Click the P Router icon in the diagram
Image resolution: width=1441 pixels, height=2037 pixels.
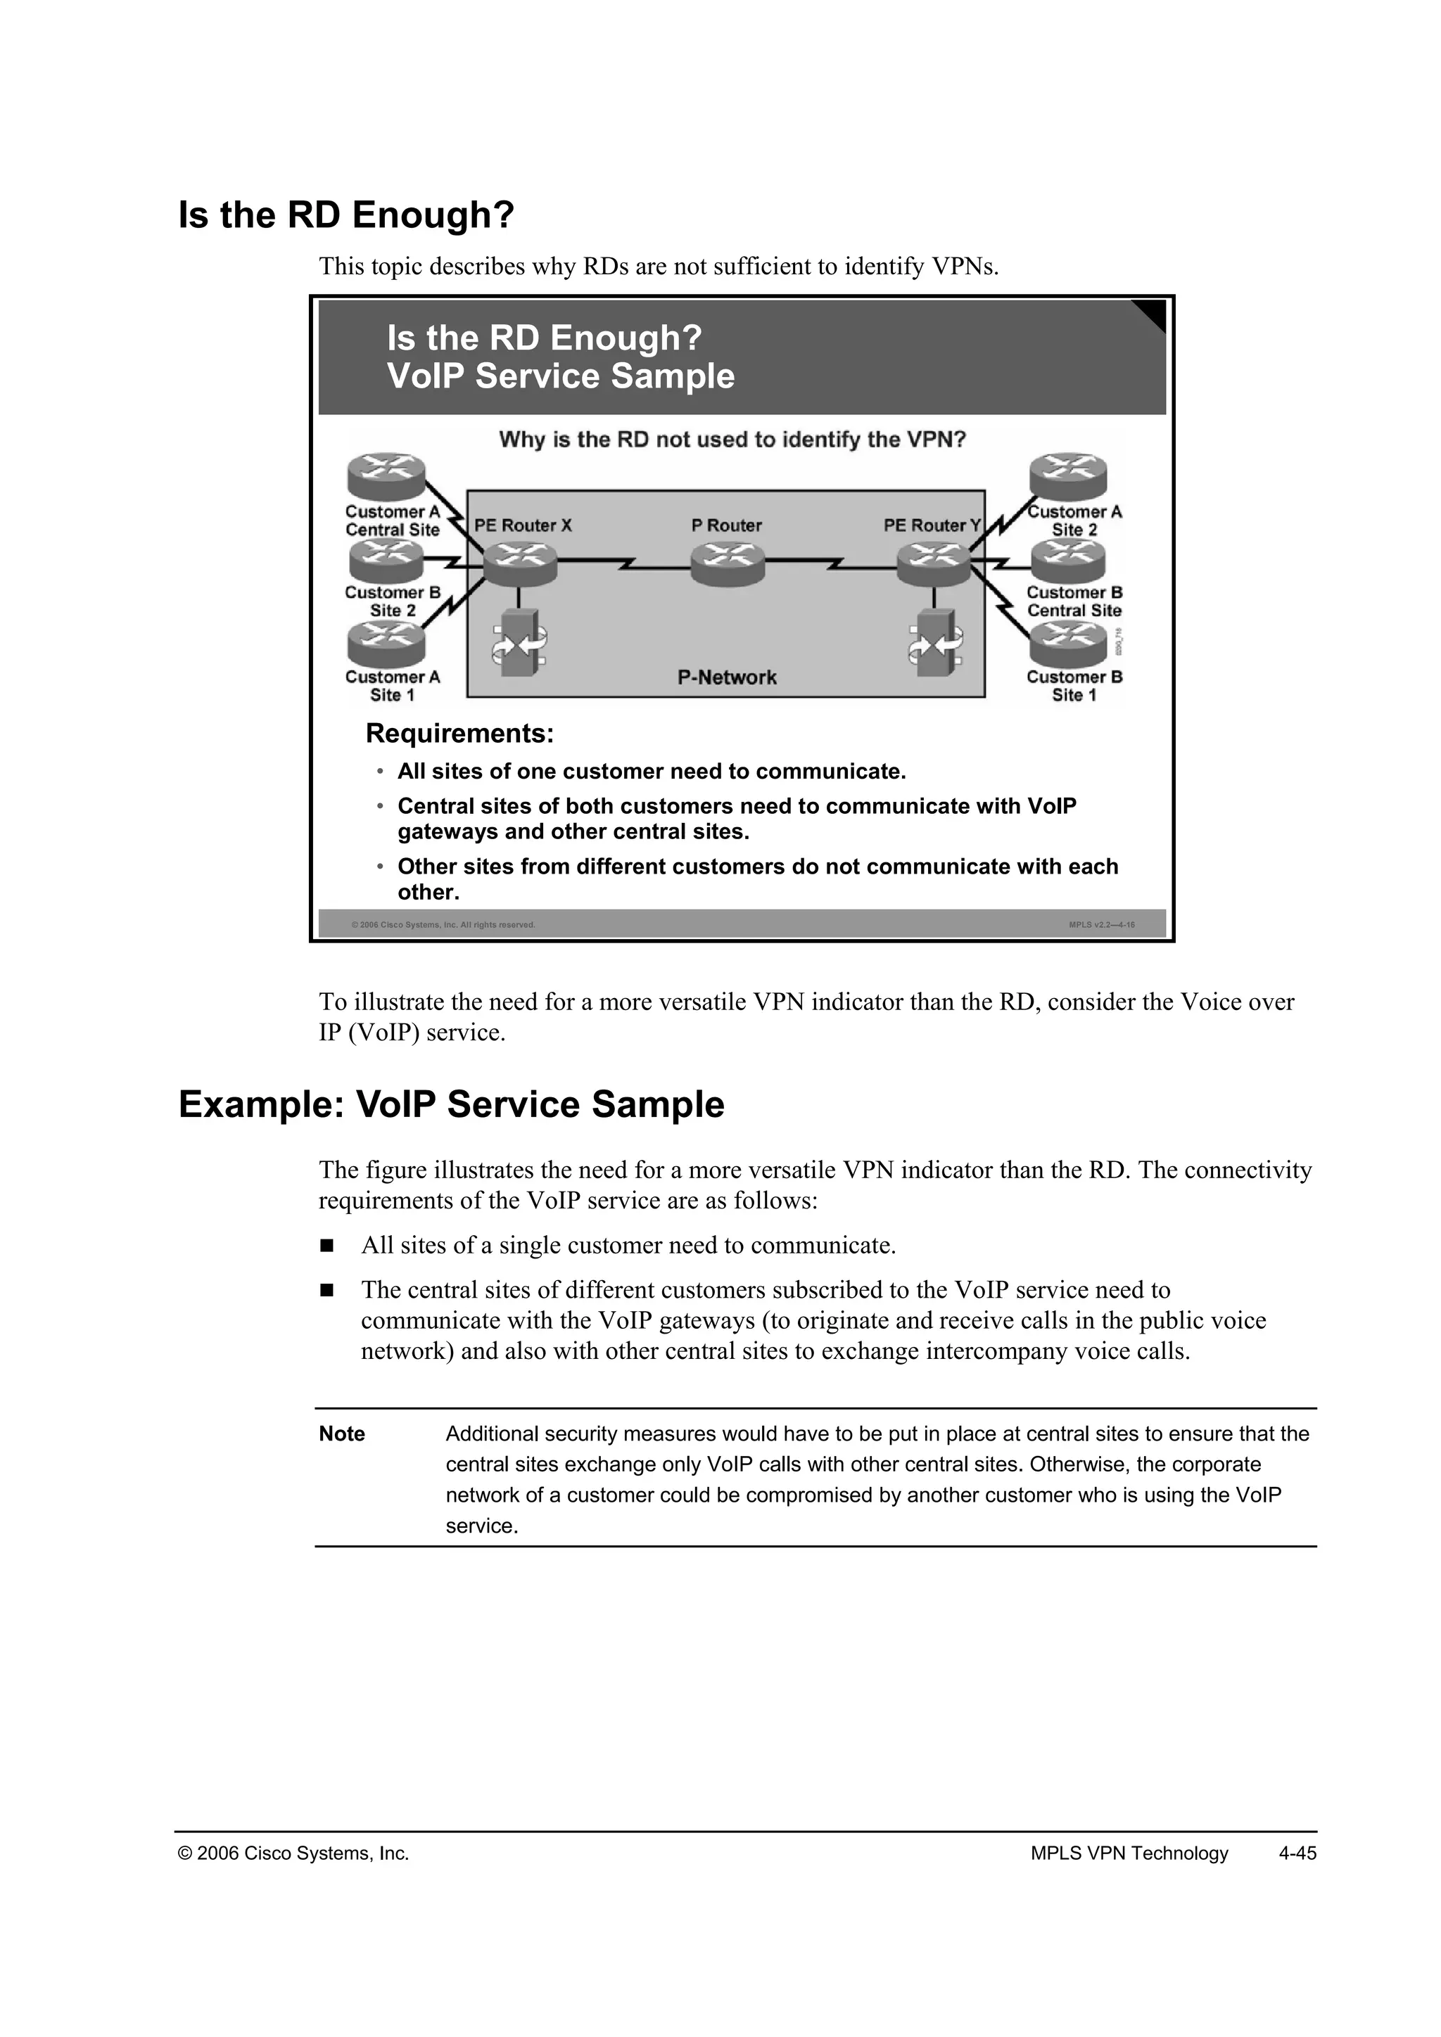point(727,563)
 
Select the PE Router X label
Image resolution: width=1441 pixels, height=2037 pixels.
point(523,525)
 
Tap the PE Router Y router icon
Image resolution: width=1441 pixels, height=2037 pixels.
point(934,564)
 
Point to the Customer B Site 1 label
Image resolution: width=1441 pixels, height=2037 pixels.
point(1074,686)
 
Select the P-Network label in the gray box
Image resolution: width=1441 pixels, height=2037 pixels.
point(727,678)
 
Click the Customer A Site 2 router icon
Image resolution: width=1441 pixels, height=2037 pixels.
point(1068,475)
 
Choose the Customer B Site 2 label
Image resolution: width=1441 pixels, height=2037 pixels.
point(392,601)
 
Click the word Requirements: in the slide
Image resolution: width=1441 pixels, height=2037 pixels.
point(459,734)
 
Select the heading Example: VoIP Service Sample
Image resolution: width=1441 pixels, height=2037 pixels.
point(451,1104)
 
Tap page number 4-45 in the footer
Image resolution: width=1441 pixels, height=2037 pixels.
point(1297,1853)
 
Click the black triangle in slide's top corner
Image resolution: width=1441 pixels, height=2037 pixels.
point(1153,312)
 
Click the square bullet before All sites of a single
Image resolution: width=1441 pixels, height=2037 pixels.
point(326,1246)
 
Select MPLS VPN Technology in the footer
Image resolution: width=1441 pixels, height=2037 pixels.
point(1129,1853)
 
